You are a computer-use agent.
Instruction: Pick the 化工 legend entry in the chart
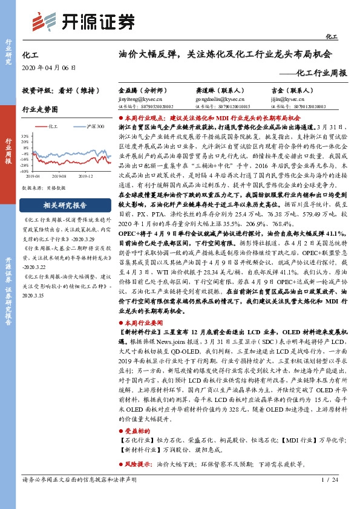pyautogui.click(x=51, y=126)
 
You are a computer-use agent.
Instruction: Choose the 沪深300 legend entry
pyautogui.click(x=88, y=126)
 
